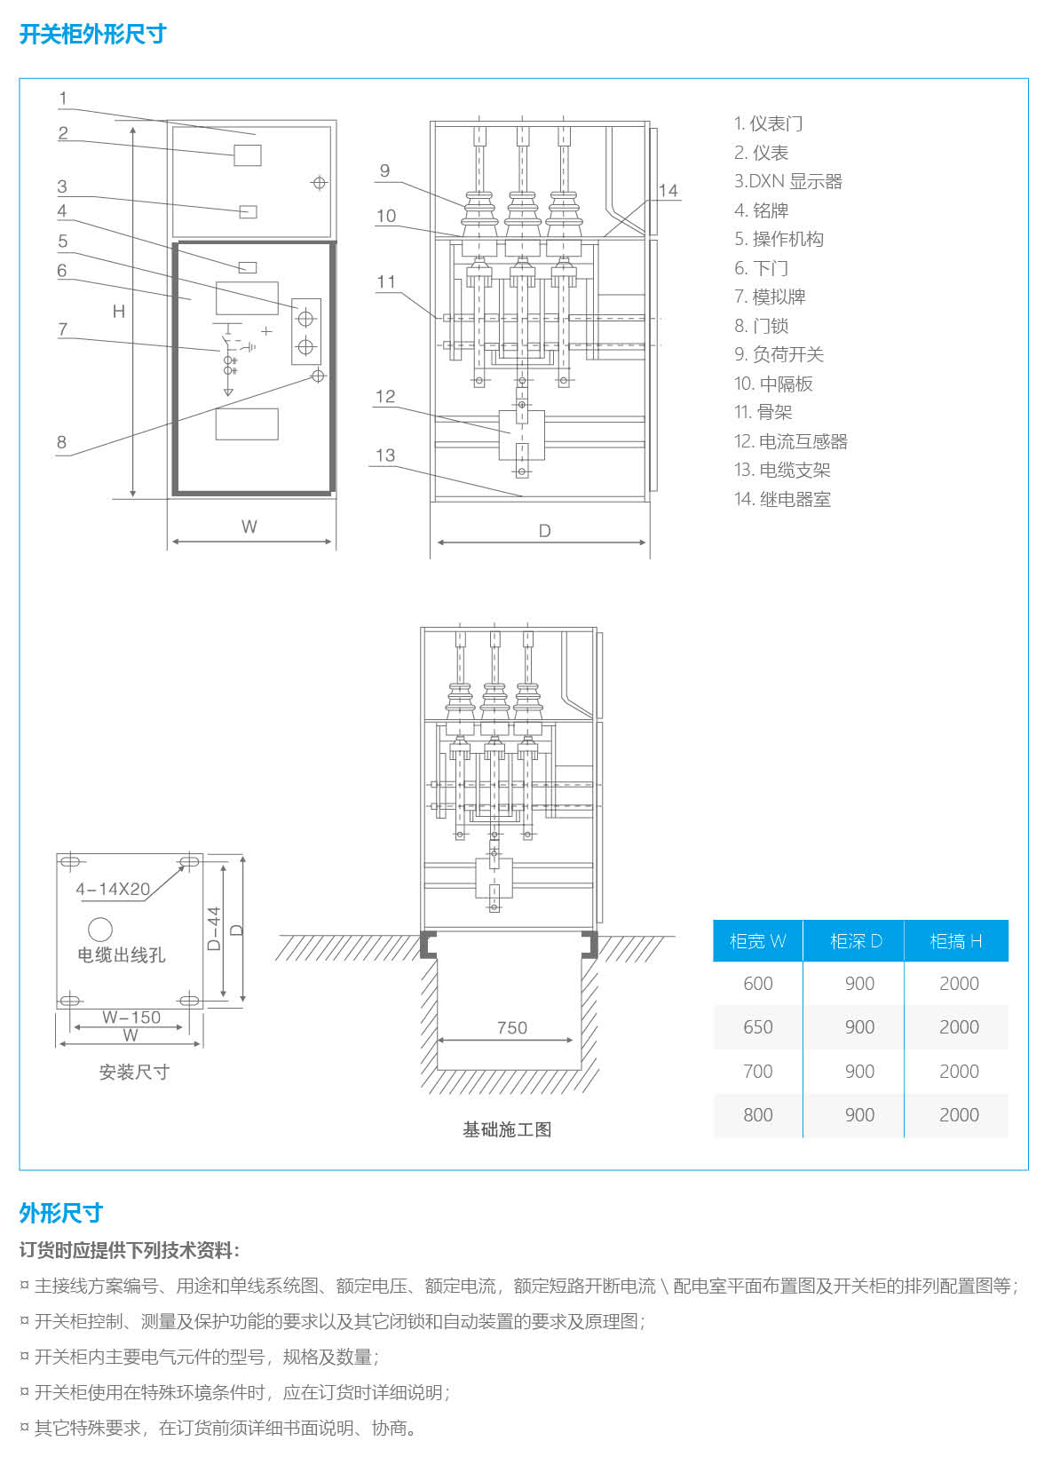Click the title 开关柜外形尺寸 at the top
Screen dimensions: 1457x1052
click(x=92, y=35)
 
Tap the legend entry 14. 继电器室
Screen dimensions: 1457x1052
click(x=782, y=499)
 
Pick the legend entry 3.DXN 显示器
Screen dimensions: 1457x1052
click(x=787, y=181)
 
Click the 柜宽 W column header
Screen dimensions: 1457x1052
click(x=757, y=941)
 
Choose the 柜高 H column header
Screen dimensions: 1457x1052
click(x=955, y=941)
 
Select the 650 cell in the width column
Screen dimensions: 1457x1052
click(x=757, y=1027)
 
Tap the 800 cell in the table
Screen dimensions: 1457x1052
click(x=757, y=1115)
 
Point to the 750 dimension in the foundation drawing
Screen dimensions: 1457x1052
click(x=511, y=1027)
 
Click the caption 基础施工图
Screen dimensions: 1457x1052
click(x=507, y=1129)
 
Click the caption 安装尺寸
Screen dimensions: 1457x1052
click(x=134, y=1072)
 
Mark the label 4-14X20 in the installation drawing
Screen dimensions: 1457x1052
click(x=113, y=889)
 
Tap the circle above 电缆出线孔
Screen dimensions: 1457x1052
click(x=100, y=929)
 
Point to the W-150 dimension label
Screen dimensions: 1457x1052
click(x=131, y=1017)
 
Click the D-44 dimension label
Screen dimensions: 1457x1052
click(x=214, y=929)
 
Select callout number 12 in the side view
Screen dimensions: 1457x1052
click(x=385, y=396)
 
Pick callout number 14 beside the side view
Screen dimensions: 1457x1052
click(x=668, y=190)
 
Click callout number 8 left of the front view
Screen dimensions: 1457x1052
click(x=61, y=441)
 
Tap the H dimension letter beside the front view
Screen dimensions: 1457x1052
click(x=119, y=311)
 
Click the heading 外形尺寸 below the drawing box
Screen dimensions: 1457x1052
click(x=60, y=1213)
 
